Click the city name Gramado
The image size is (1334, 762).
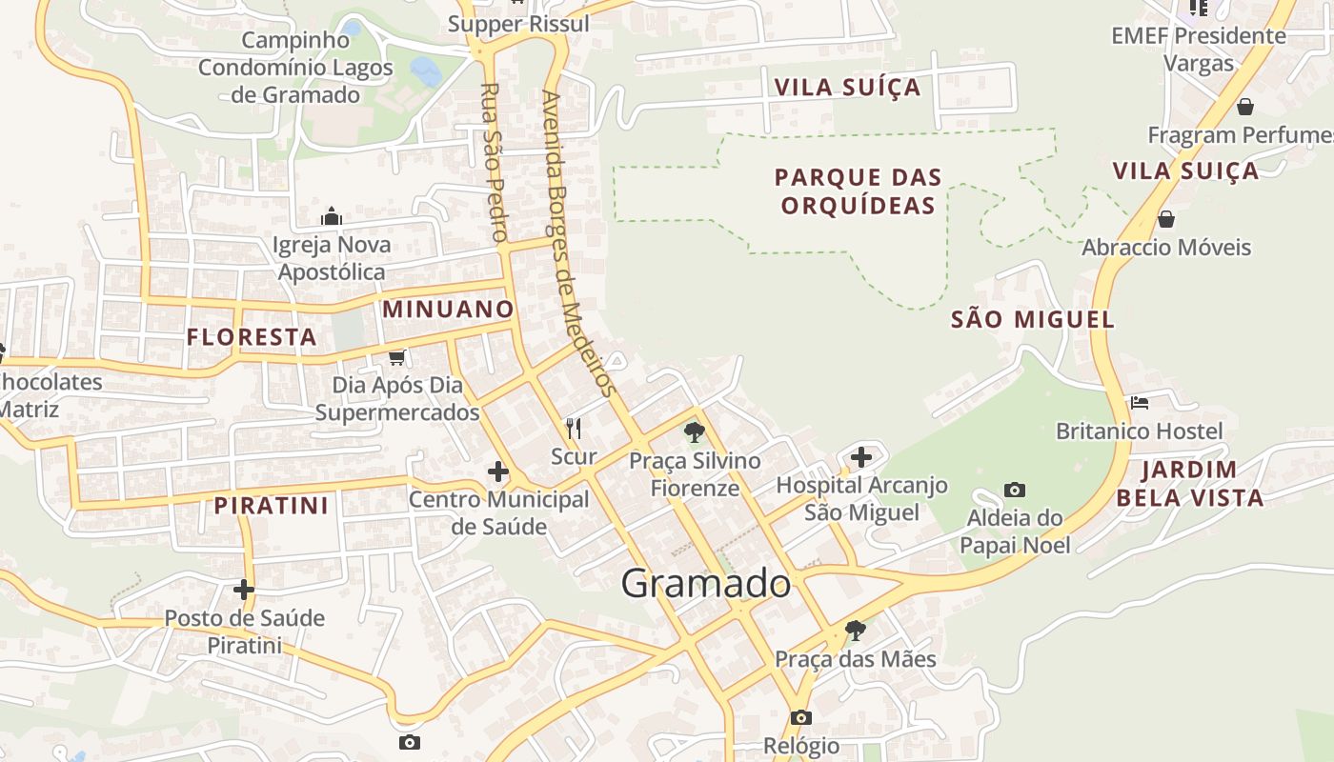point(706,584)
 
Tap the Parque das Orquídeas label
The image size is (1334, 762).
point(858,191)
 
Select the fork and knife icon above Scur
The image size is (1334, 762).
point(574,429)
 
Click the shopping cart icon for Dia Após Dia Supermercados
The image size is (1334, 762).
point(397,357)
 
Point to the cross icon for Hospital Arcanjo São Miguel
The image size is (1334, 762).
point(861,457)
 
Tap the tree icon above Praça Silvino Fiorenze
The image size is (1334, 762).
point(695,432)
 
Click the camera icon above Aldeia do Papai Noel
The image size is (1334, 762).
point(1015,490)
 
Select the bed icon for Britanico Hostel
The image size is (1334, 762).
point(1140,403)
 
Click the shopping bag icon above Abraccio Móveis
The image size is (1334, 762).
point(1165,220)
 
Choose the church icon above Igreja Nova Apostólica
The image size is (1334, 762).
point(332,217)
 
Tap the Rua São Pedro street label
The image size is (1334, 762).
point(494,161)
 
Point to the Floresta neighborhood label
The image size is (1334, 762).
point(252,337)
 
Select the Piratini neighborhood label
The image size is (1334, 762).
point(272,506)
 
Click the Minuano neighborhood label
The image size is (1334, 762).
point(448,310)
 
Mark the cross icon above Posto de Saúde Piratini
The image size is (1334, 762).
point(244,590)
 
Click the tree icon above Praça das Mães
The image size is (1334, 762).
point(856,631)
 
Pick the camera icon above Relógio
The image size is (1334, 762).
point(801,717)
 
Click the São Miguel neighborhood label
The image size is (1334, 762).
point(1033,320)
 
